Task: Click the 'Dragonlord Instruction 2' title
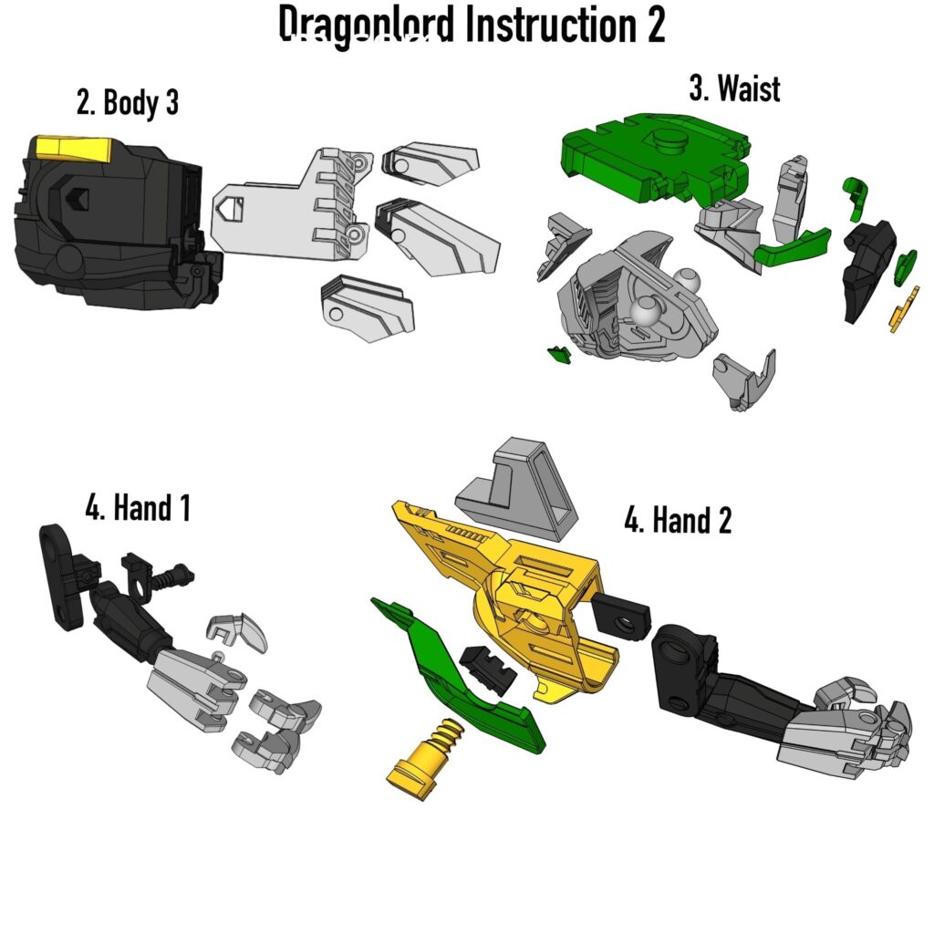click(472, 26)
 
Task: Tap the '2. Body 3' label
click(128, 103)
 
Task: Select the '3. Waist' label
click(734, 88)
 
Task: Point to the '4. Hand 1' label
click(138, 507)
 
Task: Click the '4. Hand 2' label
click(678, 521)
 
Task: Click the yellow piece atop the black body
click(72, 147)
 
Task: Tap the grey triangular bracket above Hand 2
click(519, 484)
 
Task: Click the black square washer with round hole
click(622, 618)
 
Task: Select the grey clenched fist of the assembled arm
click(867, 730)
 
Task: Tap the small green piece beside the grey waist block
click(557, 354)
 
